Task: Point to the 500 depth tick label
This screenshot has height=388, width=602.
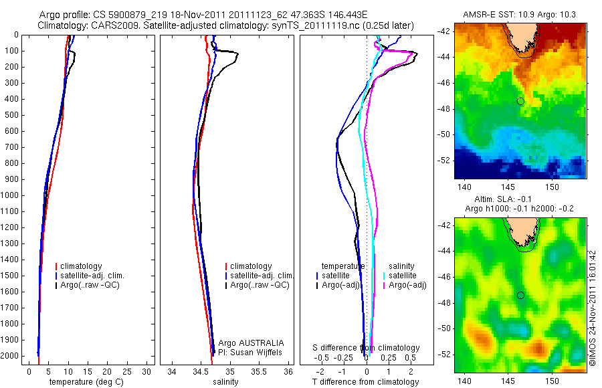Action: coord(11,115)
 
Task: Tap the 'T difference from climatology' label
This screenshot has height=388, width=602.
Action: coord(366,382)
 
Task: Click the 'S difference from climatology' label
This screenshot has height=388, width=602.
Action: coord(366,348)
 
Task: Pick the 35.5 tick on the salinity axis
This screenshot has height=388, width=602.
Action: coord(259,372)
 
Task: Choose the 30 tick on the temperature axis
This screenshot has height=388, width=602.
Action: coord(146,372)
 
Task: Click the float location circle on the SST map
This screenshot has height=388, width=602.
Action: coord(520,101)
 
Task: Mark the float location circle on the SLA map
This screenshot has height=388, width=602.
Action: coord(520,295)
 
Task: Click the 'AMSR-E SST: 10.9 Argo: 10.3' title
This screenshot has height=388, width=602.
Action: coord(520,15)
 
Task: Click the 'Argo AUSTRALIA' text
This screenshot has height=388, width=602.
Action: coord(252,343)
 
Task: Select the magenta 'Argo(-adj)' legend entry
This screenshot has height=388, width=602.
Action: coord(407,285)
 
